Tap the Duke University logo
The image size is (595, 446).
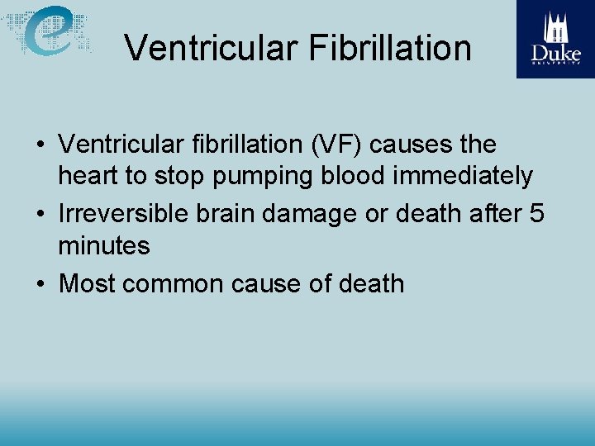point(555,39)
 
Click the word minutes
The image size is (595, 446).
point(104,245)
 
